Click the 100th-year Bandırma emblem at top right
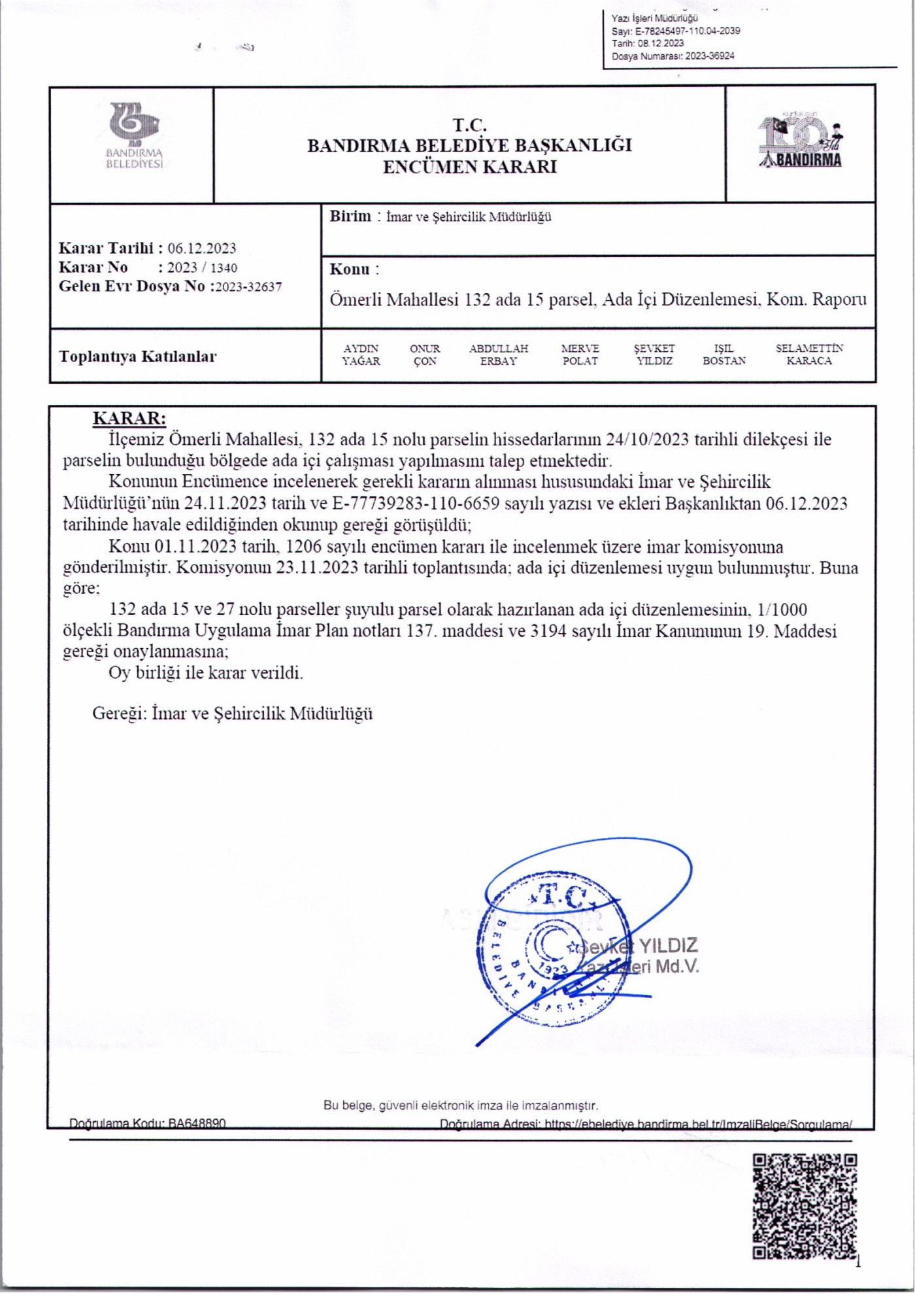pos(801,142)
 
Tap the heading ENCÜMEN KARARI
pos(469,167)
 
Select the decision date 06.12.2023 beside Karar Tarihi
pos(201,249)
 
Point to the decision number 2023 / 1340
pos(202,268)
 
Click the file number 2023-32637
pos(248,286)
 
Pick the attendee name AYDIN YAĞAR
pos(361,354)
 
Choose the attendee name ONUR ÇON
pos(425,354)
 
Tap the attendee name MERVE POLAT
pos(580,354)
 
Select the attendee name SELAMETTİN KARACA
pos(809,354)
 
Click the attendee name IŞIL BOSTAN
pos(724,354)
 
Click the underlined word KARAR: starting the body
pos(129,419)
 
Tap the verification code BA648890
pos(196,1124)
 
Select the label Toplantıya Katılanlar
pos(137,356)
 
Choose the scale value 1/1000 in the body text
pos(781,610)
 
